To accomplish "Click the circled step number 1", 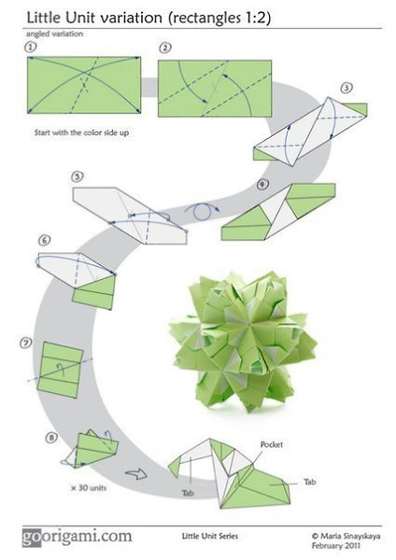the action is tap(31, 47).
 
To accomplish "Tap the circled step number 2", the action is tap(164, 48).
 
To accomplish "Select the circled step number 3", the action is tap(346, 88).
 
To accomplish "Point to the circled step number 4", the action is tap(262, 184).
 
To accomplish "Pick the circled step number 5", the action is tap(78, 176).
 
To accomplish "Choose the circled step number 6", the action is tap(44, 241).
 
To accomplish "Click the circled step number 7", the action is tap(26, 343).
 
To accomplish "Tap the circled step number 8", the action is tap(51, 437).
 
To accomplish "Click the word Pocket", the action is tap(272, 444).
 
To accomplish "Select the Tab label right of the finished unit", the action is tap(310, 482).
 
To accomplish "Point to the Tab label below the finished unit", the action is tap(189, 493).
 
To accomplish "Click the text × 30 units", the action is tap(89, 487).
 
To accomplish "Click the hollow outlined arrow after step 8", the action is tap(136, 474).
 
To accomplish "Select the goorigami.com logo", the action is tap(78, 538).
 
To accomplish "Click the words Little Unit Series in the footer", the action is tap(210, 536).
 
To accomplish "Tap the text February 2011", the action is tap(336, 546).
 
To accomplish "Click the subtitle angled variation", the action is tap(55, 34).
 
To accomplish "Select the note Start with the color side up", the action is tap(81, 133).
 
